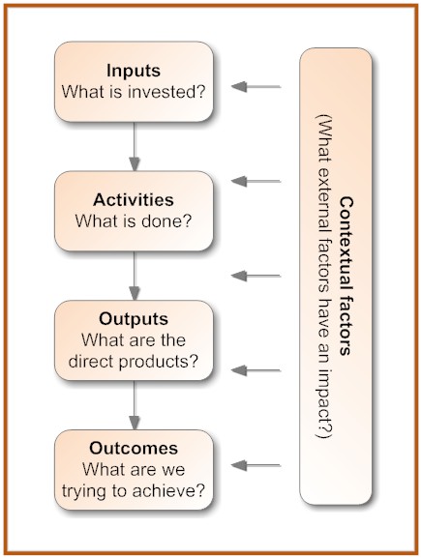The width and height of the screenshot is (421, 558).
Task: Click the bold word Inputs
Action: click(x=134, y=71)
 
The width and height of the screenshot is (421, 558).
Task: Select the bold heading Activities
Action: click(x=134, y=199)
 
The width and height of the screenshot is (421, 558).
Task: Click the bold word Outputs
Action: click(x=134, y=319)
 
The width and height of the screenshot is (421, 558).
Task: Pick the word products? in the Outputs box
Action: click(x=158, y=362)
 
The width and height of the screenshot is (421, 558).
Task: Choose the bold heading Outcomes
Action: click(x=134, y=448)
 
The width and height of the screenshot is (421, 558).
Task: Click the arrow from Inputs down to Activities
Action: click(x=134, y=146)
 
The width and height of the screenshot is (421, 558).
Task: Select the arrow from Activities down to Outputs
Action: click(x=134, y=276)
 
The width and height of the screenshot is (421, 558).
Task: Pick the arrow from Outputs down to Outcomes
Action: click(x=134, y=405)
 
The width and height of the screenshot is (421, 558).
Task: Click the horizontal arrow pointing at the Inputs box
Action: click(x=256, y=86)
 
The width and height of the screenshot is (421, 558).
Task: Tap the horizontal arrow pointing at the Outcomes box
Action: click(x=256, y=465)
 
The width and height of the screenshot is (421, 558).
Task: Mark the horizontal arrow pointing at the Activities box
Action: click(x=256, y=181)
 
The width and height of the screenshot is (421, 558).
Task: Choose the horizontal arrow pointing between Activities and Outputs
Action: click(x=256, y=276)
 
